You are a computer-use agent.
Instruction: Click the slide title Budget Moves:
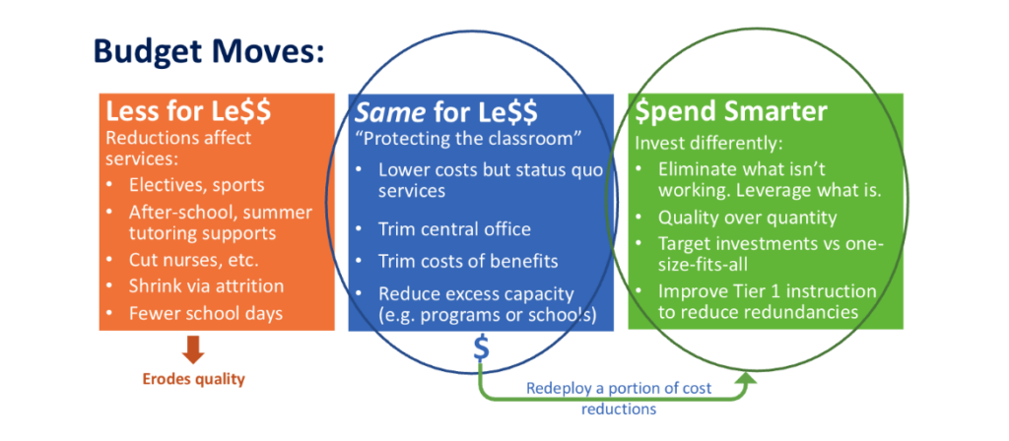pos(208,51)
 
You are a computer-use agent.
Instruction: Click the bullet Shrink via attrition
pos(206,285)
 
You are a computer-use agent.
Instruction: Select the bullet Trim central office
pos(454,229)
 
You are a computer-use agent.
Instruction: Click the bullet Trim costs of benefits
pos(469,261)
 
